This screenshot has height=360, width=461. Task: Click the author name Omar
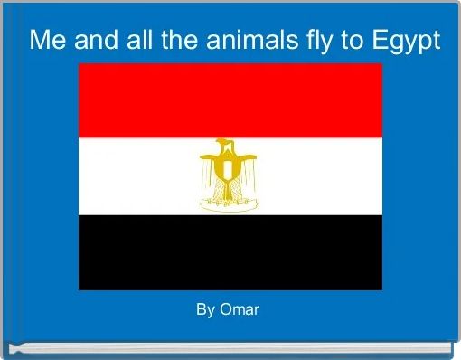[240, 309]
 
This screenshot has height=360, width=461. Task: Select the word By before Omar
[205, 309]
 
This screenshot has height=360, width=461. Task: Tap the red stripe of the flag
[230, 100]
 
